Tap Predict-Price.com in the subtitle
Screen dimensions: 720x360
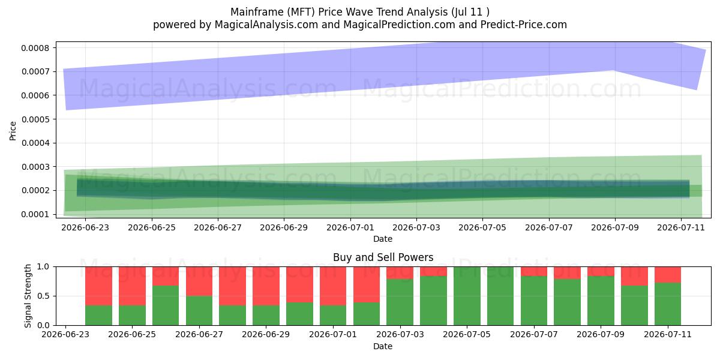tap(523, 25)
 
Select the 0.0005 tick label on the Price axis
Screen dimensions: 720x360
tap(35, 119)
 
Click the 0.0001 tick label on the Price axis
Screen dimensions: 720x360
tap(35, 214)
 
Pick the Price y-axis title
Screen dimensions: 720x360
tap(13, 131)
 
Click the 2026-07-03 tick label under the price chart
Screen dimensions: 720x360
tap(416, 227)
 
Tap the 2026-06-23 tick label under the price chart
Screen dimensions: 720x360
tap(85, 227)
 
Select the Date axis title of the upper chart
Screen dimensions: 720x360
tap(383, 239)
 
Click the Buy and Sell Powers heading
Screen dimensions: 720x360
tap(383, 257)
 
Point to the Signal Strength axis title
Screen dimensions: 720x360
tap(28, 296)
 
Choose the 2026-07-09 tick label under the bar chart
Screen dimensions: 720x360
tap(601, 334)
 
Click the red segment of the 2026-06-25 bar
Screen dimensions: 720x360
tap(132, 286)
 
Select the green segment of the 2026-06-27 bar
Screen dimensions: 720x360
tap(199, 311)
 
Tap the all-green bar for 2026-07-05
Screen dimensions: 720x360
tap(467, 296)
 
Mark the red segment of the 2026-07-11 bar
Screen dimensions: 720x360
tap(668, 275)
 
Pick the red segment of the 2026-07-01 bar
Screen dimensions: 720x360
tap(333, 286)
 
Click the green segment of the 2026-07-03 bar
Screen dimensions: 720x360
tap(400, 302)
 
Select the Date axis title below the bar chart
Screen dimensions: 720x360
tap(383, 346)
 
